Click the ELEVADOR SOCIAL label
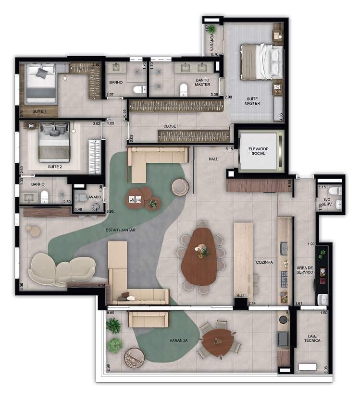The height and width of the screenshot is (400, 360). point(259,151)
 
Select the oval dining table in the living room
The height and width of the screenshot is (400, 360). point(200,257)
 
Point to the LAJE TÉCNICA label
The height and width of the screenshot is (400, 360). point(312,338)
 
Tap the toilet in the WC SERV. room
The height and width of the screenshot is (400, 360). point(338,191)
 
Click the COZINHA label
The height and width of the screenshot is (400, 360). point(264,262)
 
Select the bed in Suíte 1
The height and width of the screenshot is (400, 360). point(41,84)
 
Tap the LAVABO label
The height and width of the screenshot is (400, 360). point(94,197)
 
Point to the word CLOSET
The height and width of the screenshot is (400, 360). point(171,126)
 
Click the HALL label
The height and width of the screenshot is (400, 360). point(214,159)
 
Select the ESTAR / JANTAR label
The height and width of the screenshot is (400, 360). point(121,230)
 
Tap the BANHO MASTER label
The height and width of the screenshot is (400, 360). point(202,82)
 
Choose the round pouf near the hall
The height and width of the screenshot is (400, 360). point(180,187)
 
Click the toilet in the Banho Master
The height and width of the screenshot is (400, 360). point(183,89)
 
